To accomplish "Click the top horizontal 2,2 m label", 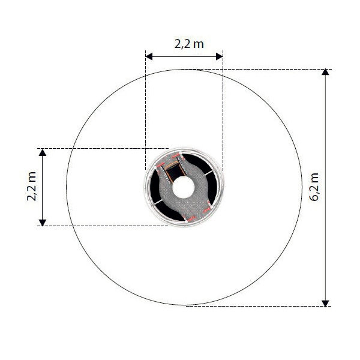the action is point(189,44).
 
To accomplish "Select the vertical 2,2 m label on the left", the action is point(32,187).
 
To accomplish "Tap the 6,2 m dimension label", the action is point(314,187).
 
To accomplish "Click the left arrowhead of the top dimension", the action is point(149,56).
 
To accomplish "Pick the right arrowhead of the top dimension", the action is point(220,56).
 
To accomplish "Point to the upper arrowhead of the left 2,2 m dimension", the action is point(43,152).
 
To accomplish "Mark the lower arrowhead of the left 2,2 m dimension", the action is point(43,223).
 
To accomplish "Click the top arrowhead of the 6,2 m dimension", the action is point(325,72).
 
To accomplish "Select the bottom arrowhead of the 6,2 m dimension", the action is point(325,303).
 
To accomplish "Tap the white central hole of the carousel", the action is point(184,187).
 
